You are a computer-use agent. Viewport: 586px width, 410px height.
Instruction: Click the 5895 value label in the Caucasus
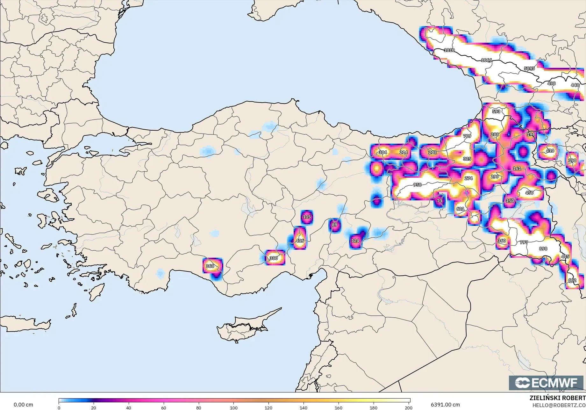tap(529, 68)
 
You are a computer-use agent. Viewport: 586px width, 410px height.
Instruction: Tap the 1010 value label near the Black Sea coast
tap(449, 50)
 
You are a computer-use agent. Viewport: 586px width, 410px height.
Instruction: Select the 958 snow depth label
tap(417, 185)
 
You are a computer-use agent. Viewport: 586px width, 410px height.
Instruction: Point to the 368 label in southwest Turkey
tap(210, 266)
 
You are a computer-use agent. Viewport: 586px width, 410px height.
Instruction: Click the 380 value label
tap(274, 258)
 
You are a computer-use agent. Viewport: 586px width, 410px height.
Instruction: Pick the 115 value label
tap(307, 217)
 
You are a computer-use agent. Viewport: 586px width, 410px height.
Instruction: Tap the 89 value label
tap(334, 225)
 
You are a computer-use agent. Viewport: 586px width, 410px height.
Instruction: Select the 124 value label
tap(355, 241)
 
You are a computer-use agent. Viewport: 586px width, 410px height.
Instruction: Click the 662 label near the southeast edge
tap(572, 280)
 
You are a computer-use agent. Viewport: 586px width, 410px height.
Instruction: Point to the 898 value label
tap(543, 249)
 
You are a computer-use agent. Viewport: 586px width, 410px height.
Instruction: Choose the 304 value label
tap(383, 152)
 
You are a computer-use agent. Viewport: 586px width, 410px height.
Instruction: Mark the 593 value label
tap(496, 111)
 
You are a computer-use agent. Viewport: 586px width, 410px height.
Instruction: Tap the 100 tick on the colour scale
tap(234, 407)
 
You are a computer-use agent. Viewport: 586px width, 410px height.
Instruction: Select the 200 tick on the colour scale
tap(408, 407)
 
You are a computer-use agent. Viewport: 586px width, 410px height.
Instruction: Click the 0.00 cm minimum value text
tap(23, 405)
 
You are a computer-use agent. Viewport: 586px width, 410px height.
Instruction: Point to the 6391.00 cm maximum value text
tap(445, 405)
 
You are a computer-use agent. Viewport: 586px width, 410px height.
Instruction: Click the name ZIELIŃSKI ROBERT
tap(557, 398)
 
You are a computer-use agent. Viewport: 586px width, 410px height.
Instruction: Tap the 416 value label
tap(300, 241)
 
